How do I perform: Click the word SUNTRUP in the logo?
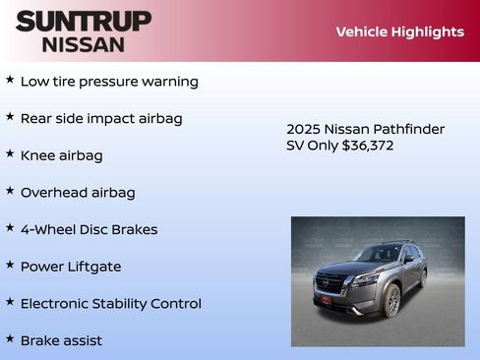84,21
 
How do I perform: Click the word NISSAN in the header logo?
84,44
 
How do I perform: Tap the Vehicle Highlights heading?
399,31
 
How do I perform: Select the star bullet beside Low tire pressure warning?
10,80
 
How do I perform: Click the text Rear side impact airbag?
101,118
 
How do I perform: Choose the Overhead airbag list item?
78,193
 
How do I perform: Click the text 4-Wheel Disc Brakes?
89,229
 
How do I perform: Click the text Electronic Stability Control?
110,304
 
